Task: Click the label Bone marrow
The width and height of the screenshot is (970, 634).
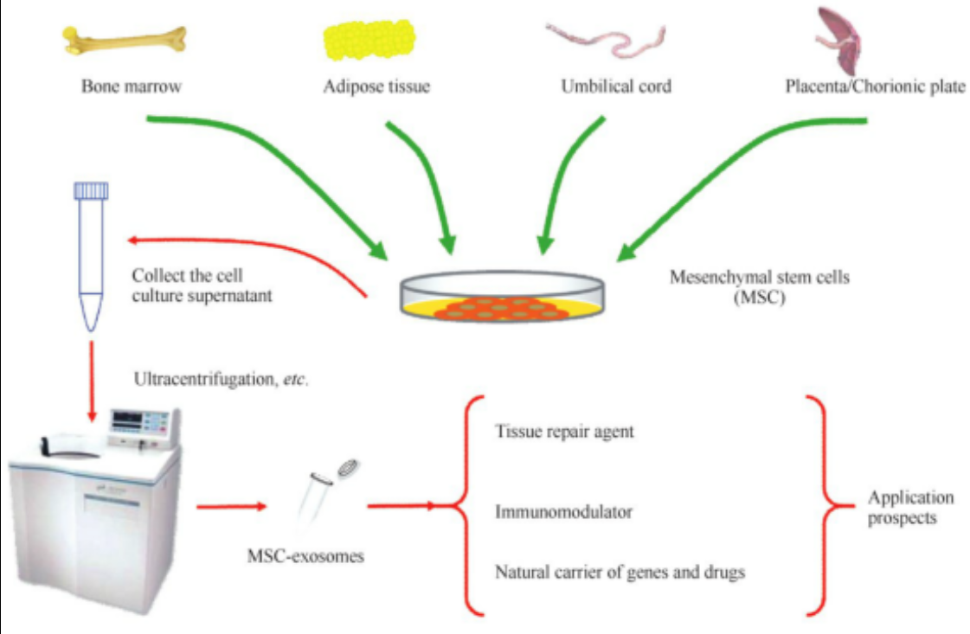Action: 129,86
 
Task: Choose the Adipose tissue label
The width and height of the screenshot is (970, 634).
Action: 376,86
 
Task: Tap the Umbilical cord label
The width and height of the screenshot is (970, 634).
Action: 615,86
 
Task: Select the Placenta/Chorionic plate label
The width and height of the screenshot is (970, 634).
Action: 875,86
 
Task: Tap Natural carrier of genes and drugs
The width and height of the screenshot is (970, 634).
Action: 620,572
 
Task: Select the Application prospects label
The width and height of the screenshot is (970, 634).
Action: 910,508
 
